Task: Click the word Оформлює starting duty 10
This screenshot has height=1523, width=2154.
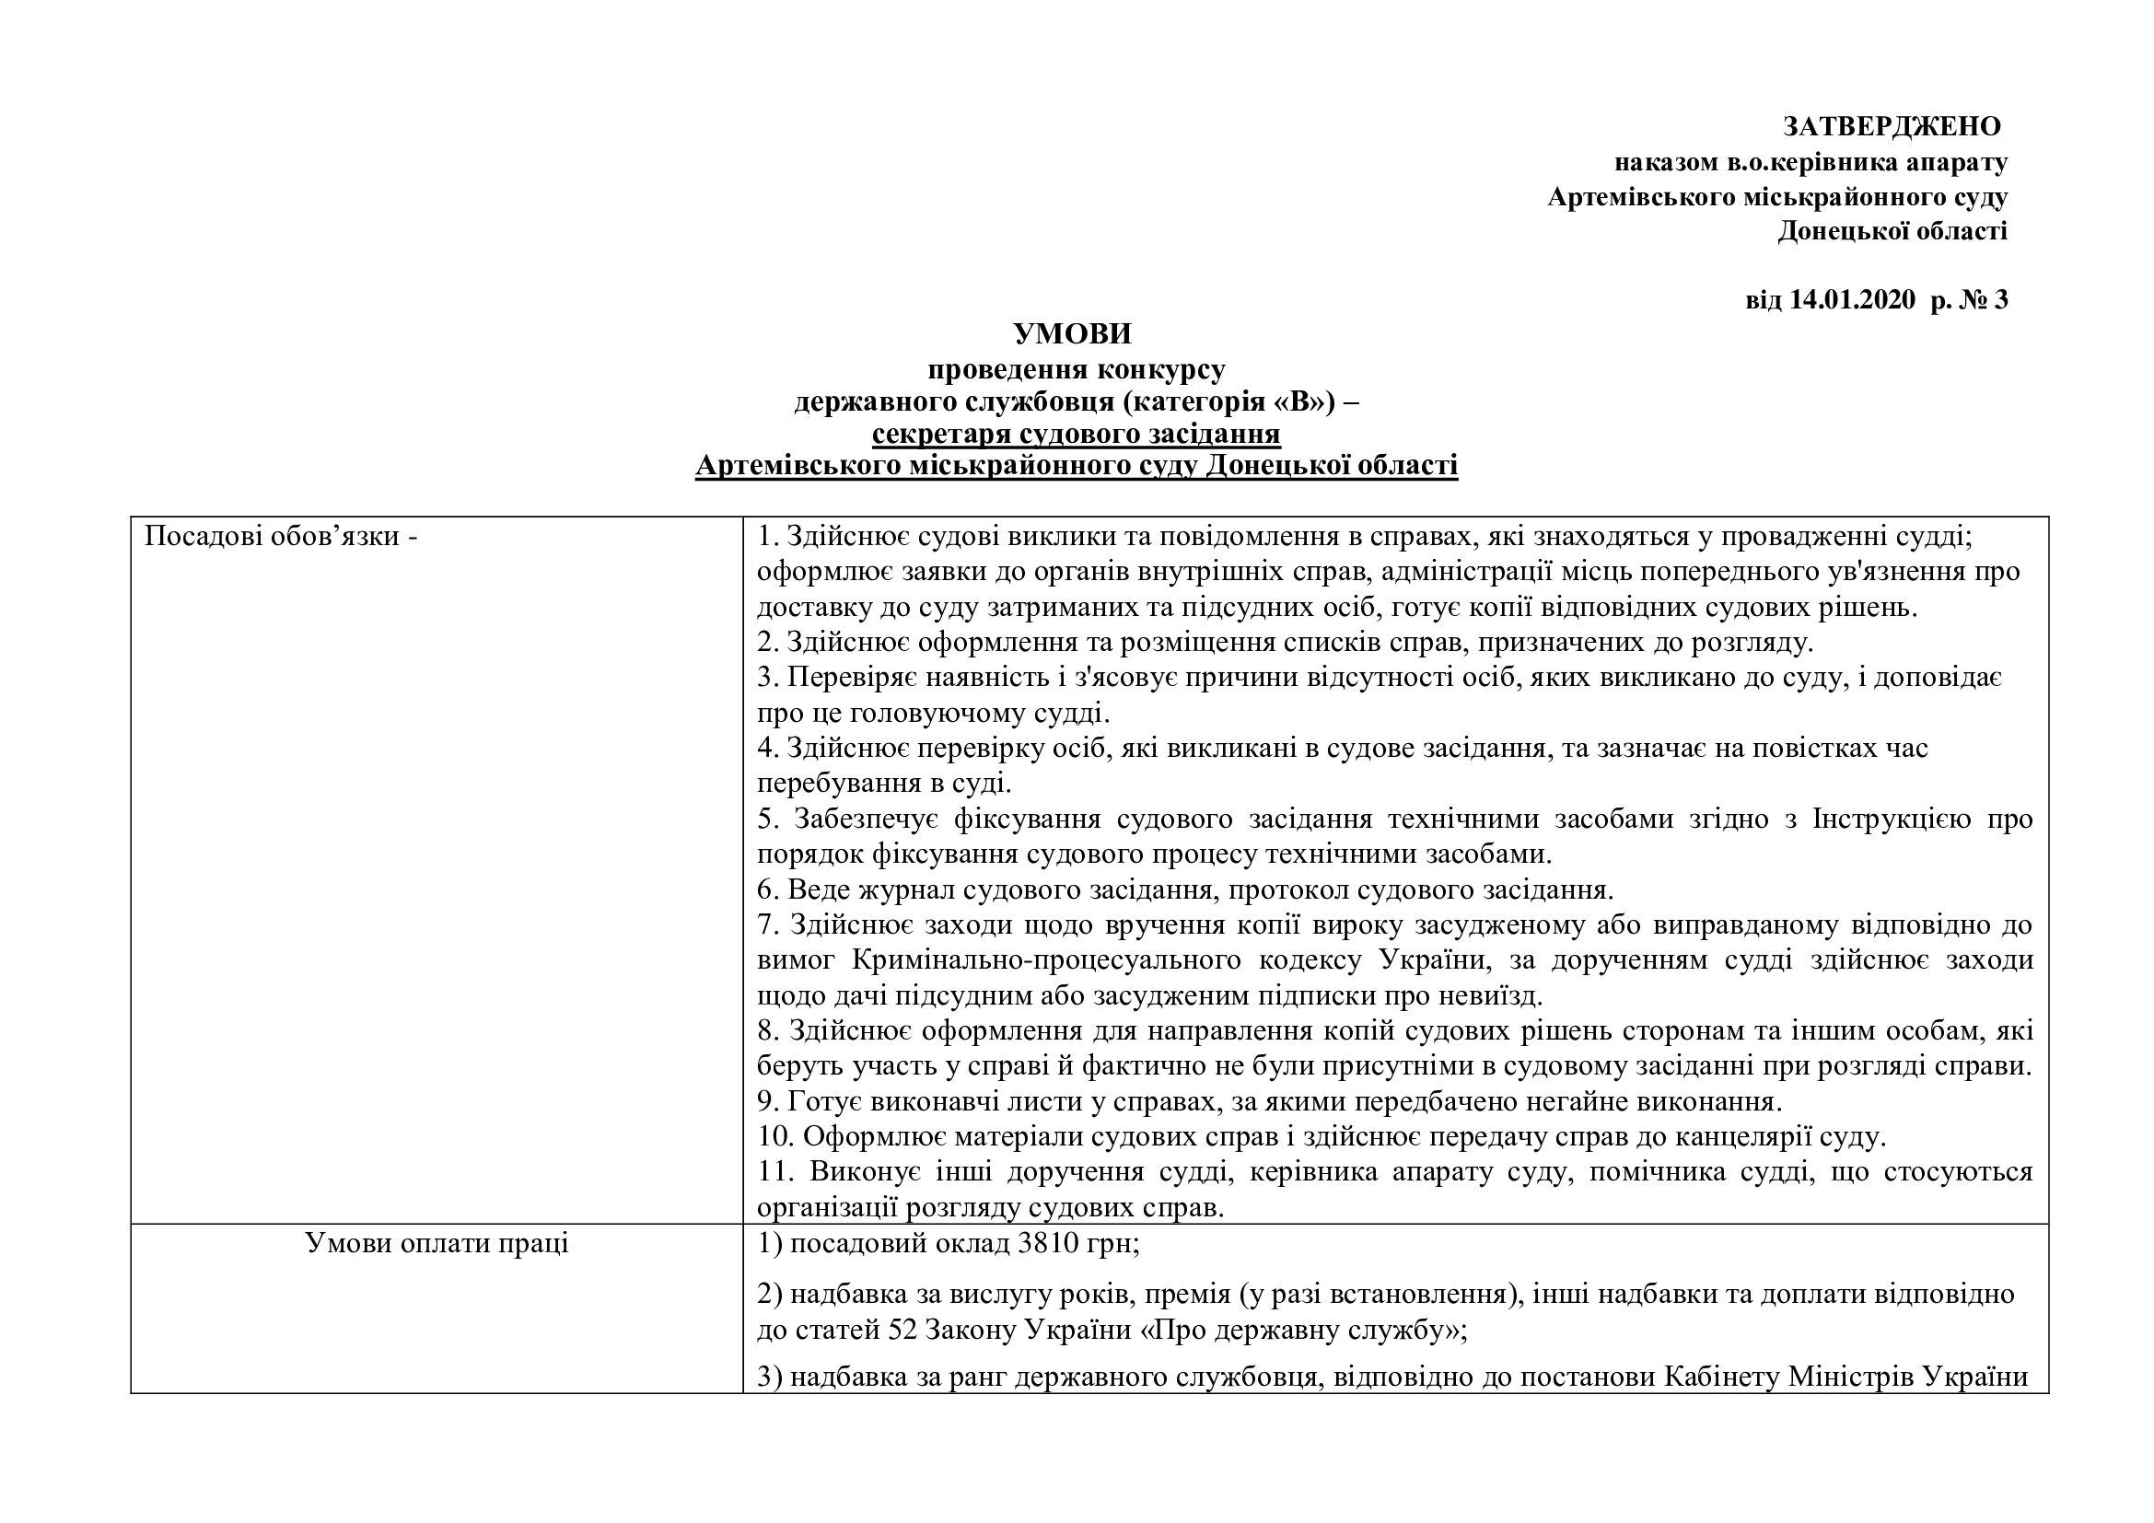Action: point(869,1136)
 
